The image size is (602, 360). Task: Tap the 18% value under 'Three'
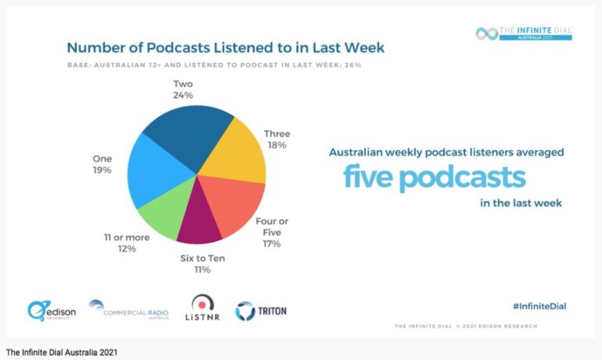[277, 146]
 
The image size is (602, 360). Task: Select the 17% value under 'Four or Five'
[272, 244]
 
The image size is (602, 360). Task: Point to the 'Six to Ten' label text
[203, 260]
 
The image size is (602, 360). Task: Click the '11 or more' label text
[127, 237]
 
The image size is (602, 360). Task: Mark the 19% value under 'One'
[102, 170]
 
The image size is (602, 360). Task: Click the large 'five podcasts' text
[434, 177]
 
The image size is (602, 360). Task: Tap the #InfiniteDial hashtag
[539, 306]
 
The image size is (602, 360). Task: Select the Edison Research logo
[52, 310]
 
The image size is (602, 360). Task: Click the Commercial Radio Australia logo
[129, 309]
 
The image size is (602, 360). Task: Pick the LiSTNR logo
[202, 309]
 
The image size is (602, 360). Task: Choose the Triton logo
[260, 310]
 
